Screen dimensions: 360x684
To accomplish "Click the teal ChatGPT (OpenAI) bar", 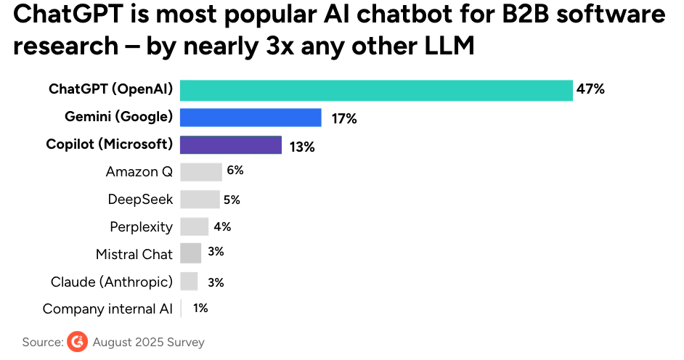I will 376,90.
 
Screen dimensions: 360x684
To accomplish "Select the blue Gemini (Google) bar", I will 251,118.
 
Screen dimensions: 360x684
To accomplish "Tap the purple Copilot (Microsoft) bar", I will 230,145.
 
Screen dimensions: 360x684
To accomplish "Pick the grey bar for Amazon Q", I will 200,172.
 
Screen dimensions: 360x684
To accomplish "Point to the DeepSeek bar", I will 200,200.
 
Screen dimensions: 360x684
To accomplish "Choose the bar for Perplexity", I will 194,226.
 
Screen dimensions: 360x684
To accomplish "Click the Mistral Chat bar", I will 190,253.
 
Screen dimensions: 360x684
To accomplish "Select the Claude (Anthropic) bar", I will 189,282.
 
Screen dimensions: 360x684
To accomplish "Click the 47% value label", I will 590,90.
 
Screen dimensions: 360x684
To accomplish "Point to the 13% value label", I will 301,147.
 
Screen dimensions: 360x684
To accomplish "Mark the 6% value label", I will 235,171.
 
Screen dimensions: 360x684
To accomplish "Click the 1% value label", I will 200,308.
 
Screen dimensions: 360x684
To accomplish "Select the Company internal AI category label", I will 107,309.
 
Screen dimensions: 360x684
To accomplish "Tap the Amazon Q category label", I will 139,172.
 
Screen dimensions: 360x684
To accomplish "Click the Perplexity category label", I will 141,227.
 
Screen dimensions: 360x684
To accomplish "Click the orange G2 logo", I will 77,342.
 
